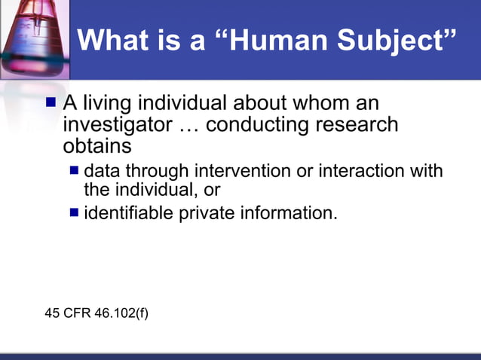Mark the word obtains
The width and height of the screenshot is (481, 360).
click(x=97, y=145)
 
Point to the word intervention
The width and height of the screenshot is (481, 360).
click(x=244, y=170)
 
